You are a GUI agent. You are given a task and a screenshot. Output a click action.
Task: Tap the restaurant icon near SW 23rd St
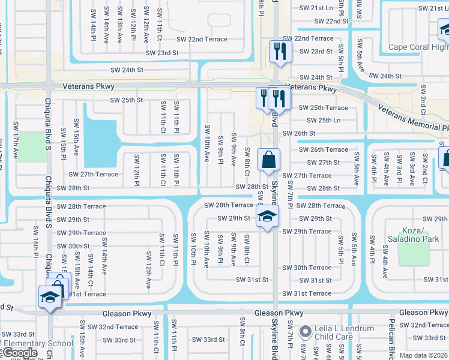(279, 51)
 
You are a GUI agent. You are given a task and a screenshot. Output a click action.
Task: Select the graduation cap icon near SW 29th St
(267, 217)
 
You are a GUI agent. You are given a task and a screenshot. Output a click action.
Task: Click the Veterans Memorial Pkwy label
(414, 117)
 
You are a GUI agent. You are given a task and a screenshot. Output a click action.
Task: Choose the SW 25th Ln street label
(320, 121)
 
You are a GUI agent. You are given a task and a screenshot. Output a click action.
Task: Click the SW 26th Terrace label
(324, 149)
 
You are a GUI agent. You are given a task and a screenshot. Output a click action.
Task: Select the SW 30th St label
(73, 246)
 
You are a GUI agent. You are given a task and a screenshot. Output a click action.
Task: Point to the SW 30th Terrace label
(307, 268)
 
